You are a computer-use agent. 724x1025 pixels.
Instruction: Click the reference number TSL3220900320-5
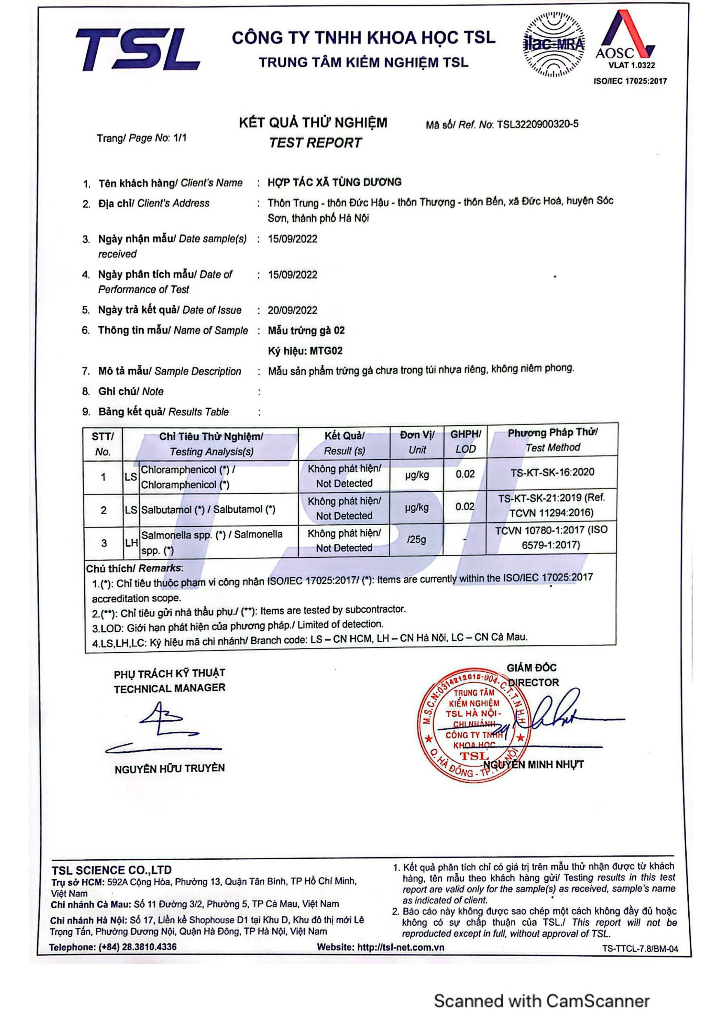click(537, 124)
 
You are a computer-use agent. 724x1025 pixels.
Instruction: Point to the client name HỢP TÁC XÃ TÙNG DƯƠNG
click(335, 182)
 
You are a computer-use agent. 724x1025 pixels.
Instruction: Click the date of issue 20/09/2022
click(293, 310)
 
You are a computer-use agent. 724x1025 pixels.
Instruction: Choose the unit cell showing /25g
click(416, 540)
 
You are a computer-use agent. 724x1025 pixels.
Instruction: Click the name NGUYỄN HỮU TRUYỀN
click(170, 769)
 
